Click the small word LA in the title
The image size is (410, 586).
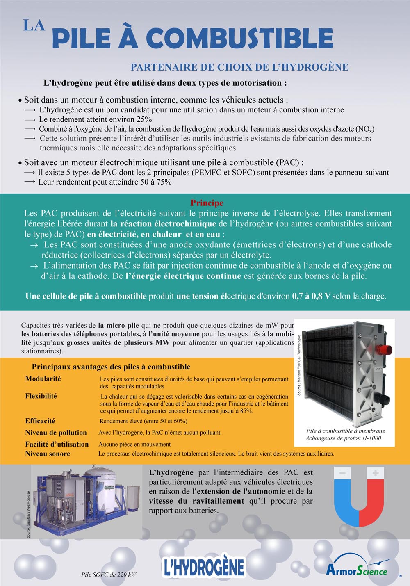pos(34,25)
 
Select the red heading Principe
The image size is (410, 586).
pos(207,203)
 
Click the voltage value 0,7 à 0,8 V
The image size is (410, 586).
pos(311,296)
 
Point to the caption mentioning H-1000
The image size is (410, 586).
pos(345,434)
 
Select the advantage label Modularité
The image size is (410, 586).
pos(43,379)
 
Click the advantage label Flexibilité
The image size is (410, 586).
pos(41,396)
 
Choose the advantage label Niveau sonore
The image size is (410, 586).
pos(48,454)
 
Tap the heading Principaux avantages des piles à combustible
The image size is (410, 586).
pos(111,367)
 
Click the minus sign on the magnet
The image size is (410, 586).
pos(343,473)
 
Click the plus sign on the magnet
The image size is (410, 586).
pos(375,473)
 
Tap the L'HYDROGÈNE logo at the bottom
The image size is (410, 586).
pos(204,567)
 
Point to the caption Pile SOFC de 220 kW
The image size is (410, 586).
pos(109,575)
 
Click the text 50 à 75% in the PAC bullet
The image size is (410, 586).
pos(156,182)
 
